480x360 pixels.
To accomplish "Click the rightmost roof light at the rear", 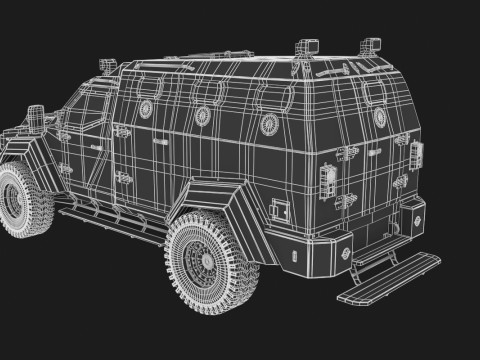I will point(374,45).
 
